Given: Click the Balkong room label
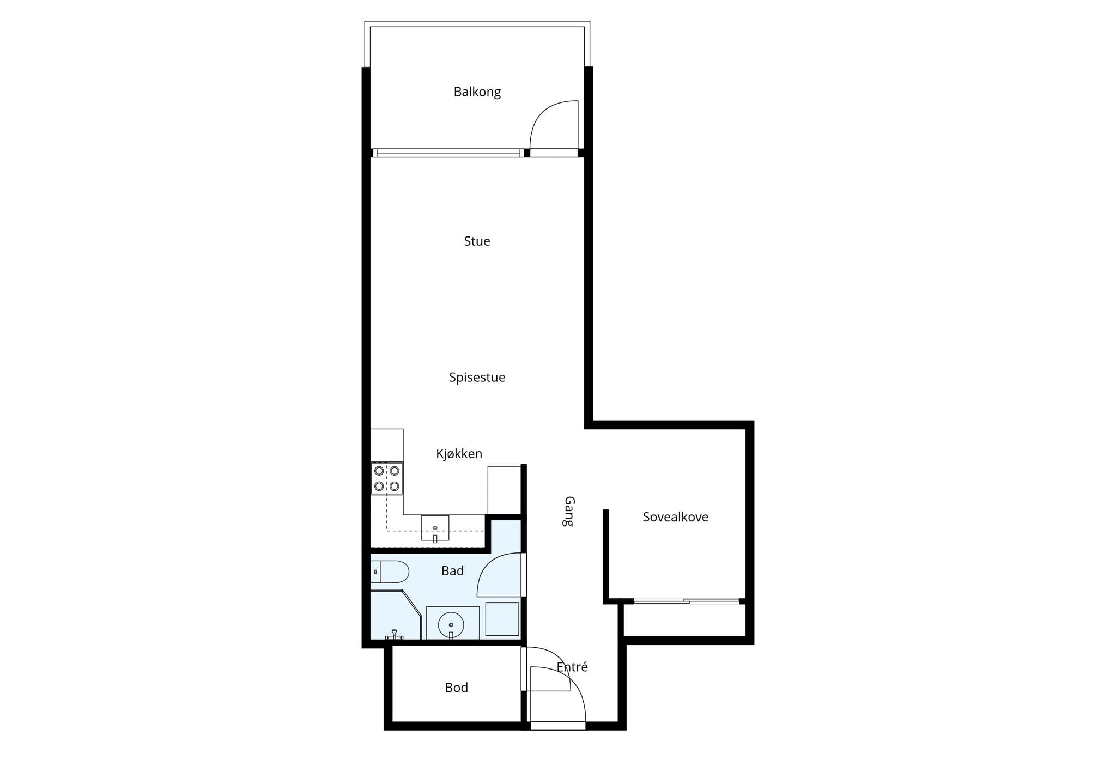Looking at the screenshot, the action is (477, 92).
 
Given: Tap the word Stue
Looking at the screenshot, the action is (477, 241).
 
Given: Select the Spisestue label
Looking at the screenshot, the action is (477, 378).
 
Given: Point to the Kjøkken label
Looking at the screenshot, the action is (459, 454).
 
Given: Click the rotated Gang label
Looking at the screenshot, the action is (569, 511).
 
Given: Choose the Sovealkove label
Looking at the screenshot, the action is (675, 517).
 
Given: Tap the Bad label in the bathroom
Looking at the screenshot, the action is (452, 571).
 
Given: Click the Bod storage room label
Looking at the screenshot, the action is (456, 688).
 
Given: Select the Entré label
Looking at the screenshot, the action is (572, 667).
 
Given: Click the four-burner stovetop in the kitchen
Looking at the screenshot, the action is (387, 478).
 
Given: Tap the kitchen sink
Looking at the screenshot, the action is (435, 528).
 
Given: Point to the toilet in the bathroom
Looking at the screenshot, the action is (390, 572).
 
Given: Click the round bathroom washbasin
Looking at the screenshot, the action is (451, 624).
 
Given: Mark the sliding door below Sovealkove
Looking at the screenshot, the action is (687, 601).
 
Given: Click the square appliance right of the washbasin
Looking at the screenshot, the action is (502, 619).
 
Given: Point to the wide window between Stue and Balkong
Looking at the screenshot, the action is (448, 153).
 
